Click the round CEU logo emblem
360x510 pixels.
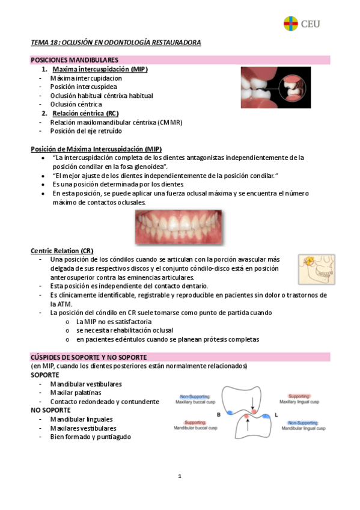pos(291,23)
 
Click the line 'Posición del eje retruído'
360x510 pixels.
pos(86,131)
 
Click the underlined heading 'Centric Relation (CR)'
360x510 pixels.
pos(62,250)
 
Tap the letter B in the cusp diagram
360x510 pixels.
pos(218,414)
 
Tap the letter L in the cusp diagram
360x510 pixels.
pos(276,414)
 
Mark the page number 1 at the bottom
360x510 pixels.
pos(179,476)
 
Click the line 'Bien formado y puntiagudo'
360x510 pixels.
pos(90,437)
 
